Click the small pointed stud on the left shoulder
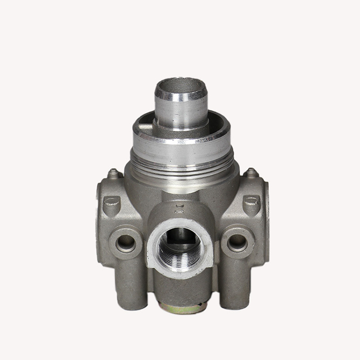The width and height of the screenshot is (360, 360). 113,173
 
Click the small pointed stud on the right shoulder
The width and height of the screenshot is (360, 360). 250,172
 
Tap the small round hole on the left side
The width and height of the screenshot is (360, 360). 125,242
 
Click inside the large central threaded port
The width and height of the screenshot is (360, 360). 180,247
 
